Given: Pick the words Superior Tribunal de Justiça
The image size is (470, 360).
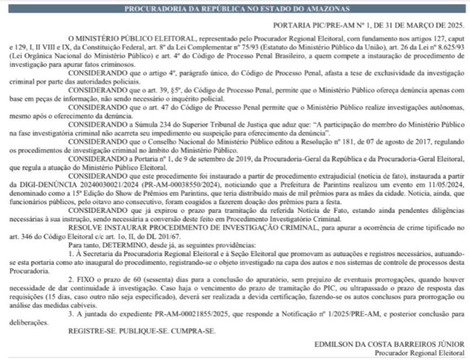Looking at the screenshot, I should pyautogui.click(x=205, y=123).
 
